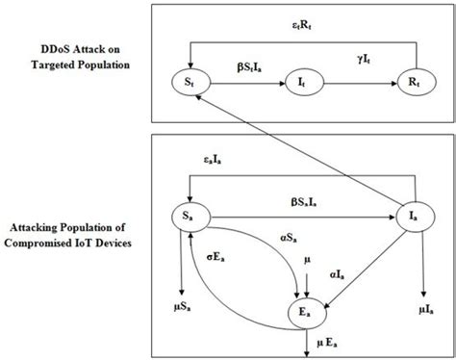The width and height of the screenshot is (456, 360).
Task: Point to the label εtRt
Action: (x=301, y=25)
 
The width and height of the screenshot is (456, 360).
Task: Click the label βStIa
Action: (x=249, y=67)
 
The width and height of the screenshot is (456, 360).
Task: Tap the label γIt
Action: (x=364, y=59)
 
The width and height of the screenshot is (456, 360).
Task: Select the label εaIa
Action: (x=213, y=160)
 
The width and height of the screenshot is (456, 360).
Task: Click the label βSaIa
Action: (x=304, y=202)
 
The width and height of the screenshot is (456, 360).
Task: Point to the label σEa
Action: (x=215, y=257)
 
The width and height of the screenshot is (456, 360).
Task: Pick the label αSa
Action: (x=288, y=239)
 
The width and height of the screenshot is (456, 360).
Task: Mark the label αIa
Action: (x=337, y=275)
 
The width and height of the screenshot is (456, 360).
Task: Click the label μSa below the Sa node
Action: (x=182, y=307)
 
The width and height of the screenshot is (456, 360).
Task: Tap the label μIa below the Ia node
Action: (x=426, y=310)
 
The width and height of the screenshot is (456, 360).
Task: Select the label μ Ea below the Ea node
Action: (x=327, y=344)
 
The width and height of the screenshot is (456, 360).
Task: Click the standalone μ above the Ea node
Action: (x=307, y=261)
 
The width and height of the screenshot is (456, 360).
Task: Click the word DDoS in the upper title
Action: (x=55, y=49)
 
